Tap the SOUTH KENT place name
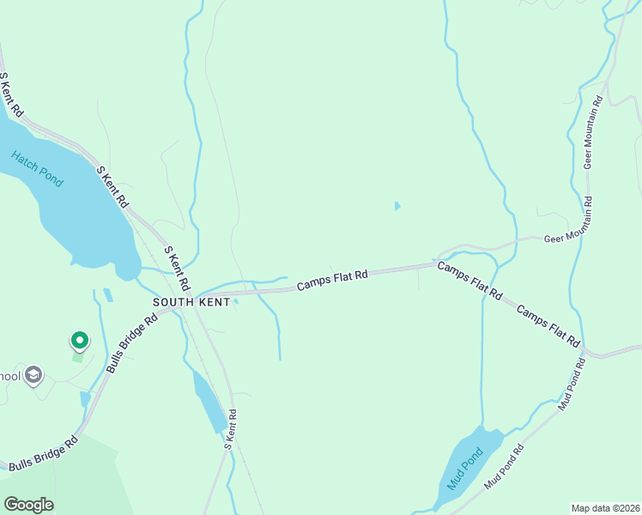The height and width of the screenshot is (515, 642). (191, 303)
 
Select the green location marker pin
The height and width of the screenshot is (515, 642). (79, 342)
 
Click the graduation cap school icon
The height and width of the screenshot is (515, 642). (33, 375)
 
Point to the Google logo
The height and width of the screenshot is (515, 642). (28, 504)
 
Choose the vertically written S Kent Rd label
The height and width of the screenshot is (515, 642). (229, 427)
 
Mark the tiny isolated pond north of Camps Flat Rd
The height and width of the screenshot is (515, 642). (397, 206)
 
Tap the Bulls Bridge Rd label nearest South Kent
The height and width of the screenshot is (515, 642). (132, 342)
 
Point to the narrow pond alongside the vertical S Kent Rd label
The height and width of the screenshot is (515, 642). (209, 400)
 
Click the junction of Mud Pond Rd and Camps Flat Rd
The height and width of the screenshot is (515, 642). (585, 350)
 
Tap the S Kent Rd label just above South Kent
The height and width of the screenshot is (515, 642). (177, 269)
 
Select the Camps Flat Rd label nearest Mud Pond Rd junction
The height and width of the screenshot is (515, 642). (549, 324)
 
